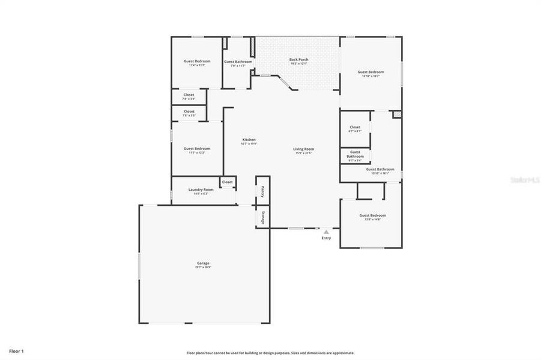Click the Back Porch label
tap(298, 59)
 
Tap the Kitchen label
tap(249, 140)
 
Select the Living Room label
tap(304, 149)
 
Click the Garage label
tap(203, 263)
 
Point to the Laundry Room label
tap(201, 190)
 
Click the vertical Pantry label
tap(262, 191)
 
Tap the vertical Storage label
tap(262, 217)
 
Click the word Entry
tap(326, 238)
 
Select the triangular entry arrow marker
tap(326, 232)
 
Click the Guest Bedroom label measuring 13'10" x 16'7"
tap(372, 72)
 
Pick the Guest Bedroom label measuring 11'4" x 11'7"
tap(197, 61)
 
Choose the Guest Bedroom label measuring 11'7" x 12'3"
tap(197, 148)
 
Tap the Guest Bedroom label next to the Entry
tap(372, 215)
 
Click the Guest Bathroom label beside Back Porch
tap(238, 62)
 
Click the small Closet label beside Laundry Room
tap(228, 182)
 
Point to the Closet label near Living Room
tap(355, 127)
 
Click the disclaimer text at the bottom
tap(270, 353)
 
